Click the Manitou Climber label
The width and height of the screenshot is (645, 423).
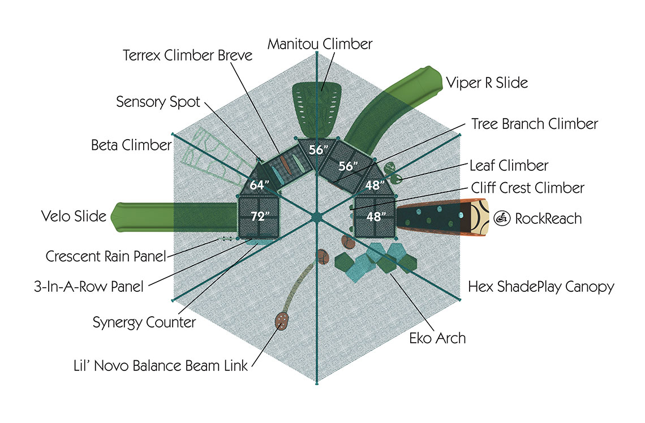click(x=320, y=44)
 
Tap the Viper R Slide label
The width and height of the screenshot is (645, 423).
click(x=487, y=83)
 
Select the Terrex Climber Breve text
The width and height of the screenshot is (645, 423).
click(x=187, y=56)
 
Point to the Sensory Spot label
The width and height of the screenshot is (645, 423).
click(x=158, y=102)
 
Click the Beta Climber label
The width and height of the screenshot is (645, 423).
click(x=131, y=145)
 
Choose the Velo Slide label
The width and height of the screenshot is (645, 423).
click(x=74, y=216)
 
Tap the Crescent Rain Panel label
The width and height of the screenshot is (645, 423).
click(x=106, y=256)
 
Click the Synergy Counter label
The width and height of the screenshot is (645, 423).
click(x=144, y=322)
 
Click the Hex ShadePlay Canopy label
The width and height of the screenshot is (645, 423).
click(x=541, y=287)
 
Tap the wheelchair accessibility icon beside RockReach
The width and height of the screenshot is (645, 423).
click(x=501, y=218)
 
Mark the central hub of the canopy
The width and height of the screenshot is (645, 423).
click(x=317, y=216)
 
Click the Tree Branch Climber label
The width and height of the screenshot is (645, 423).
click(x=535, y=124)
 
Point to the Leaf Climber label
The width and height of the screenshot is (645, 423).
click(x=509, y=166)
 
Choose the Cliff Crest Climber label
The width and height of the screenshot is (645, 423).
click(x=527, y=187)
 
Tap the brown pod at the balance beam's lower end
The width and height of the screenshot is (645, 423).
click(x=282, y=321)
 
